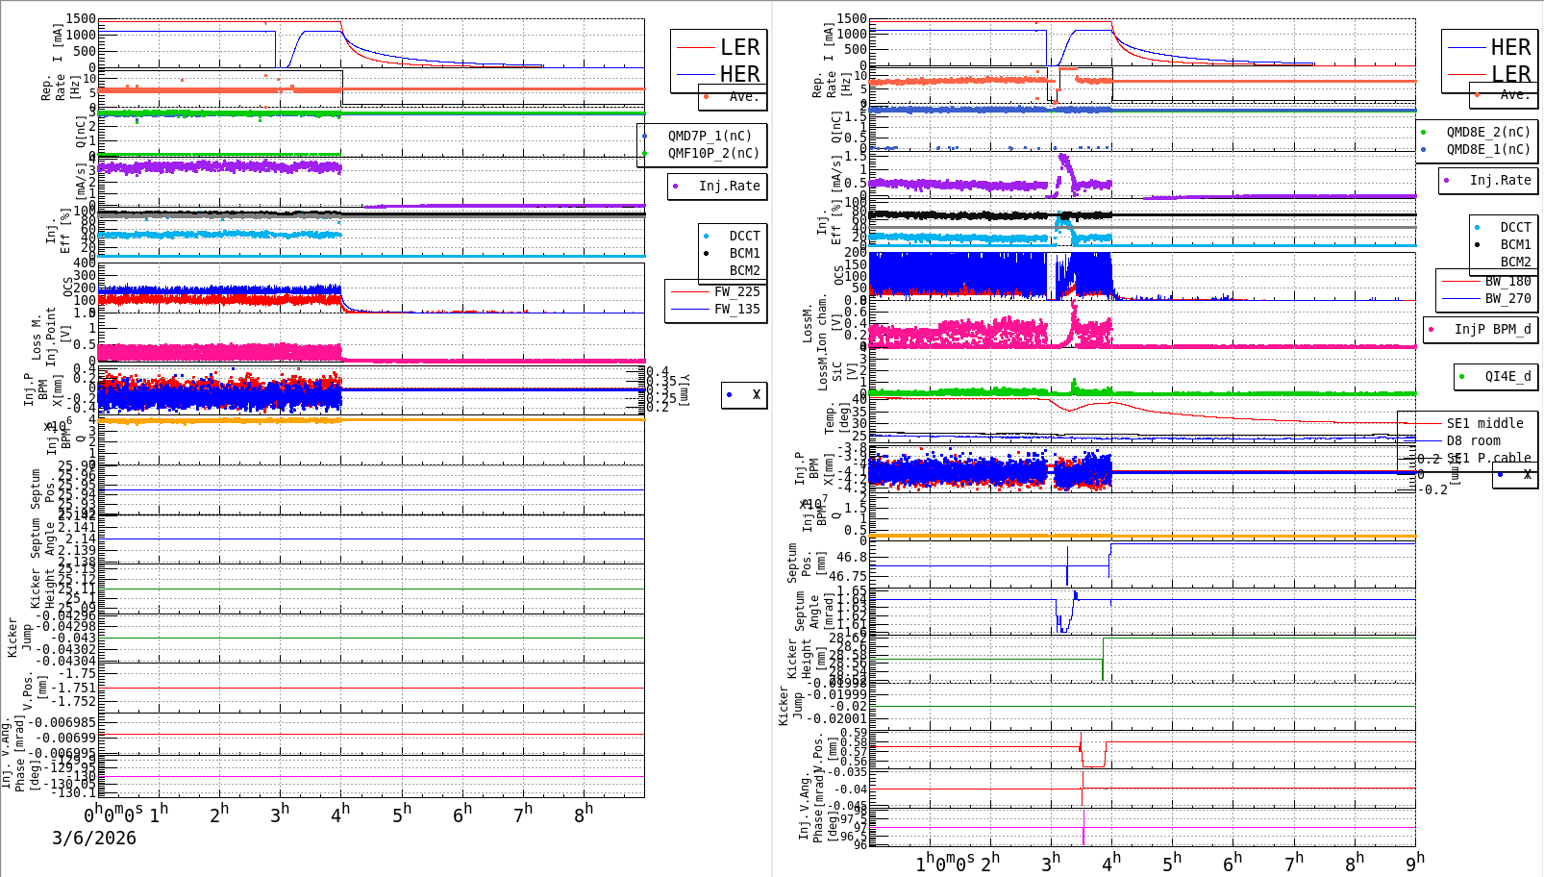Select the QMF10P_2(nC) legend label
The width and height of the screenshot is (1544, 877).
point(712,153)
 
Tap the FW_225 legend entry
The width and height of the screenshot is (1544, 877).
point(735,291)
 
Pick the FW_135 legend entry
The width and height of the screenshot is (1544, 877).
point(735,309)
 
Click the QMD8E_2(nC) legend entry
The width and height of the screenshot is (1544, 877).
point(1487,132)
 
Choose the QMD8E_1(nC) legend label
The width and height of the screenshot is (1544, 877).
point(1487,149)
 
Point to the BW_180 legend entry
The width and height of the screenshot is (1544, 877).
point(1507,281)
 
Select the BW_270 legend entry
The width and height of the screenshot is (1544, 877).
point(1507,298)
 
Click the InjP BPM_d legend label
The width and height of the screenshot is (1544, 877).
point(1492,329)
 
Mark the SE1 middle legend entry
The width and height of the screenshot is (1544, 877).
point(1484,423)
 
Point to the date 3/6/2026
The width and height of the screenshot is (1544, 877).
point(94,838)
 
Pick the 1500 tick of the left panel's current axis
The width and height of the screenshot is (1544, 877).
point(81,19)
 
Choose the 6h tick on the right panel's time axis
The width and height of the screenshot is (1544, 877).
point(1233,862)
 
